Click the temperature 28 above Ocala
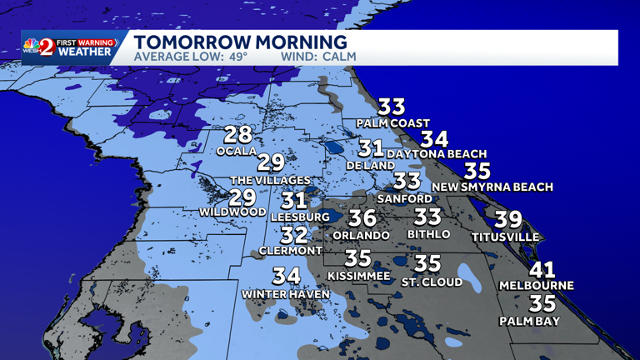click(x=238, y=134)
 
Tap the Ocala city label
click(x=234, y=152)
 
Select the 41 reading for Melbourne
click(x=542, y=271)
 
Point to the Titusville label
click(x=505, y=237)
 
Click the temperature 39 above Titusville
click(x=508, y=220)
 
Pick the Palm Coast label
click(x=392, y=123)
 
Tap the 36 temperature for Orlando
click(x=362, y=219)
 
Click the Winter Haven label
click(x=286, y=293)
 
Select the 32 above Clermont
click(x=294, y=236)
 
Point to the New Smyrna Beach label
click(x=492, y=187)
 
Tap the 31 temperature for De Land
click(x=371, y=149)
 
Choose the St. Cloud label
click(x=432, y=282)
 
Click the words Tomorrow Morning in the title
click(x=241, y=42)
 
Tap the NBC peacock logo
click(x=32, y=45)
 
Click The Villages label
click(x=270, y=180)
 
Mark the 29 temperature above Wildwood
click(x=242, y=197)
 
